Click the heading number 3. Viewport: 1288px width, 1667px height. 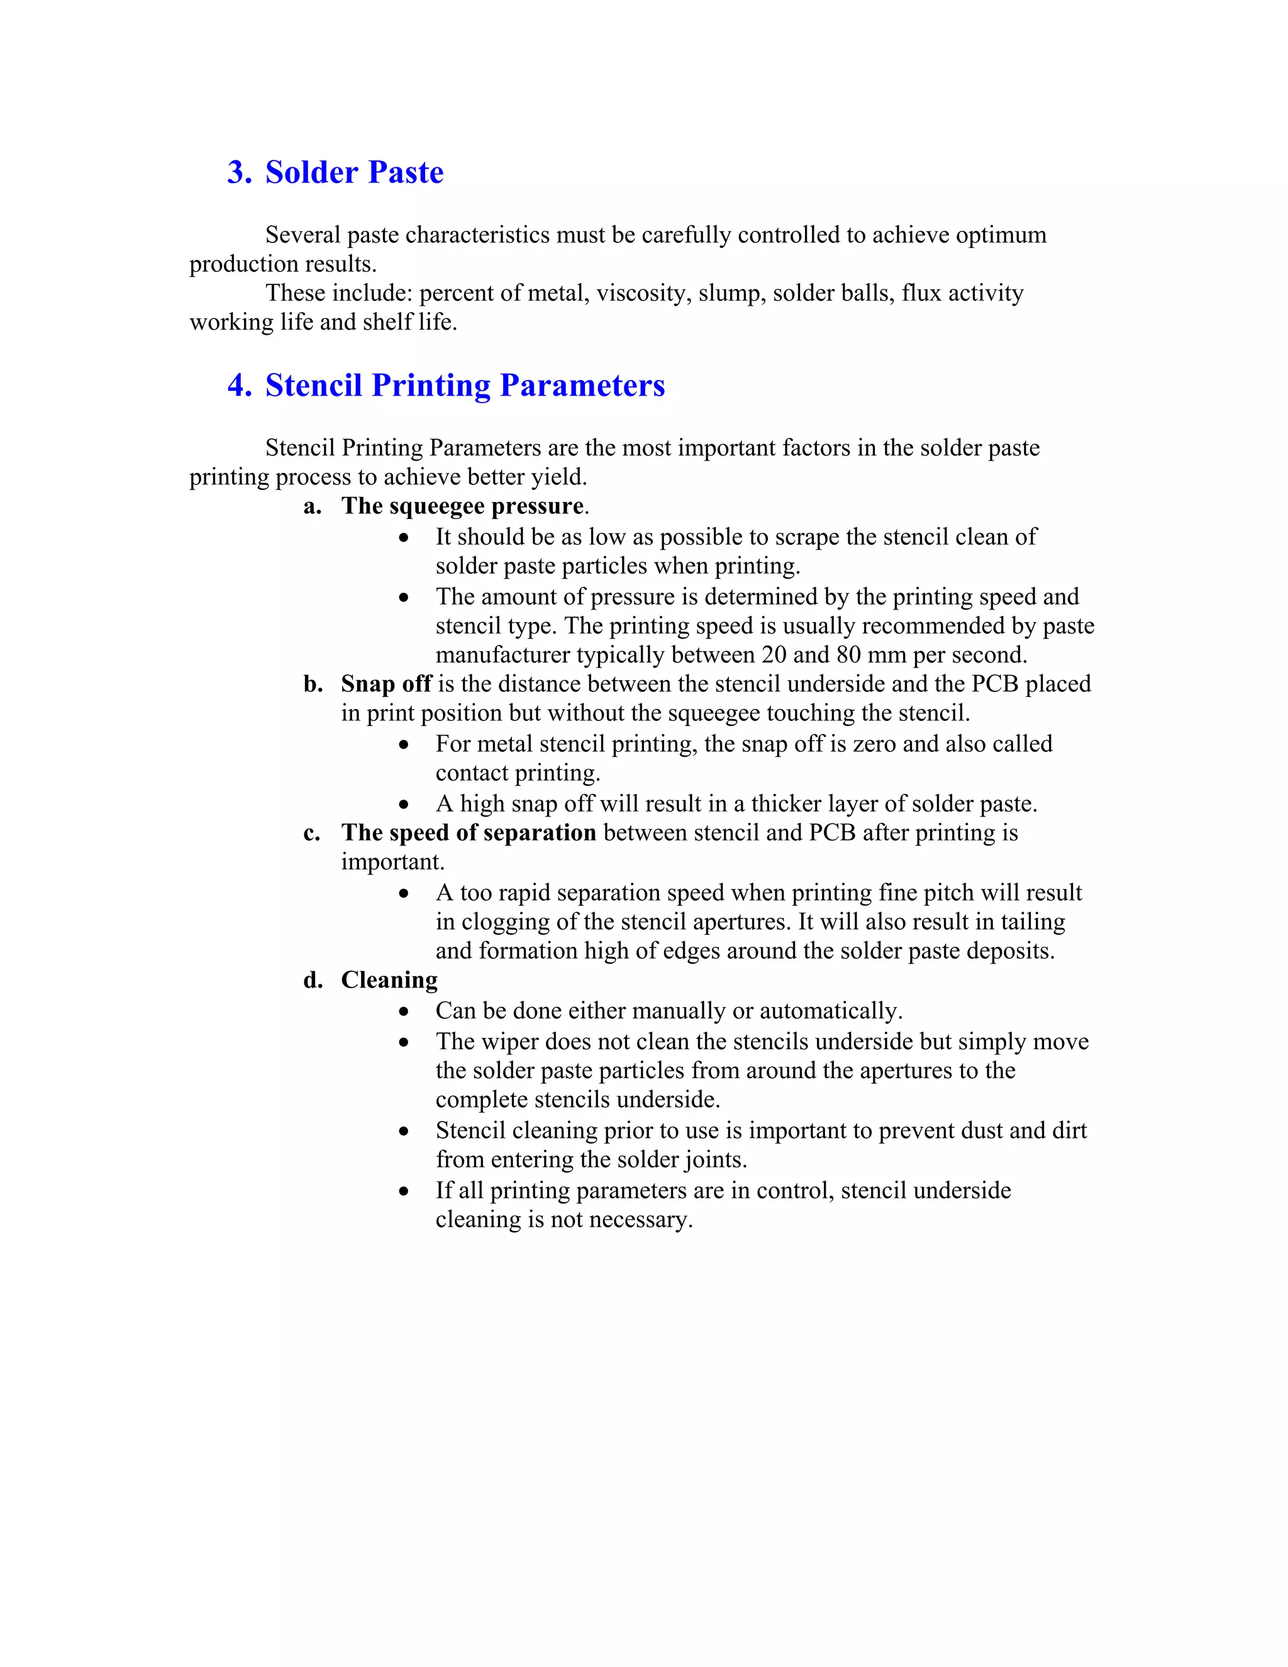[239, 172]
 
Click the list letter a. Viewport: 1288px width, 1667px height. [312, 507]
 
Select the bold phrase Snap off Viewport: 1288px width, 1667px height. [386, 684]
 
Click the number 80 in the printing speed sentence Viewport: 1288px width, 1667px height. [847, 655]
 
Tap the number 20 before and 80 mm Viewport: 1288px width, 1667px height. [774, 655]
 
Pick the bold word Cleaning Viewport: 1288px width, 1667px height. [389, 980]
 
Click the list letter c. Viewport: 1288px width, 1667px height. [311, 833]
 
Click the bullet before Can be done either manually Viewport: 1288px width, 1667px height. [404, 1012]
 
